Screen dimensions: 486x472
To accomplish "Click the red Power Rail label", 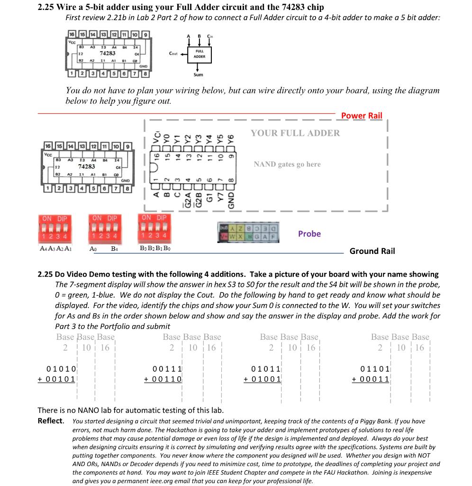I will [361, 115].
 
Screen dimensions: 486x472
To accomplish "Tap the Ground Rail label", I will [372, 251].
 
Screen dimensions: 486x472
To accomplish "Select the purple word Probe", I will [309, 234].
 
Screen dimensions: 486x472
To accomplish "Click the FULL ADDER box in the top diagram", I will [199, 54].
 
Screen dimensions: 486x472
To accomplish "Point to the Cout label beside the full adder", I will [173, 54].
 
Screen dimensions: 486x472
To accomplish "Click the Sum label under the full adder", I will [198, 75].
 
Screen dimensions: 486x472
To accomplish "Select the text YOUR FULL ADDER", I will [295, 133].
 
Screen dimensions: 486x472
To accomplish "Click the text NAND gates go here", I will [287, 164].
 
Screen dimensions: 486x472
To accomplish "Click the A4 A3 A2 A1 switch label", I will [55, 248].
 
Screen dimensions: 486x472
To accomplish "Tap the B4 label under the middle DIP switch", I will [114, 248].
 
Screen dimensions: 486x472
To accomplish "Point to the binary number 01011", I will [266, 368].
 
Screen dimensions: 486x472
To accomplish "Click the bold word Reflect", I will [50, 421].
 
